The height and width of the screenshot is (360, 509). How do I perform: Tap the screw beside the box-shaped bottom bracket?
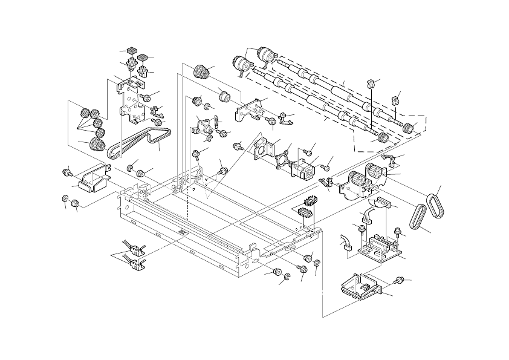click(x=398, y=280)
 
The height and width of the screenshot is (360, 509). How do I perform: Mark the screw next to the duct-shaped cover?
click(x=67, y=173)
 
